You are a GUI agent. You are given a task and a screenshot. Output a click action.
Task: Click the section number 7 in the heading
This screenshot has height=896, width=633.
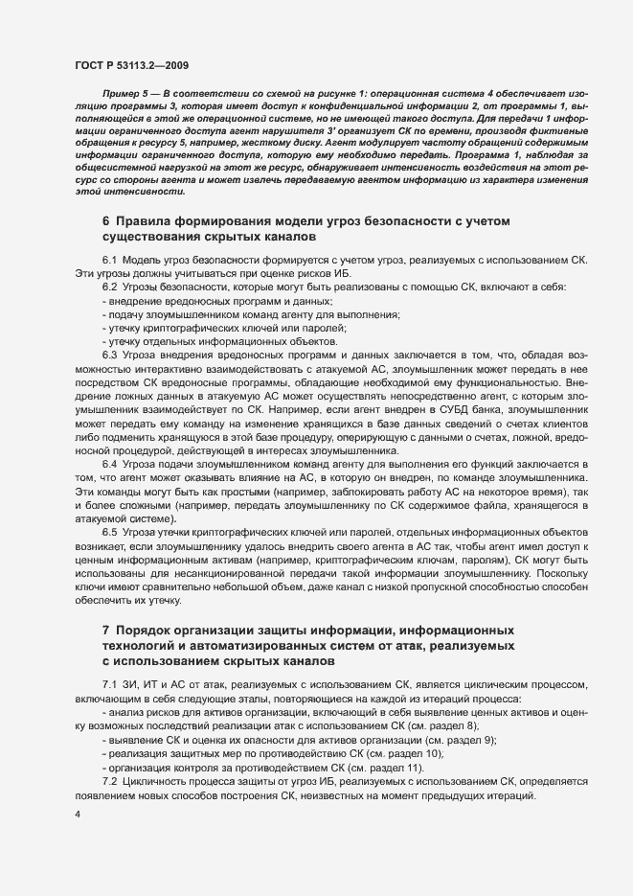105,630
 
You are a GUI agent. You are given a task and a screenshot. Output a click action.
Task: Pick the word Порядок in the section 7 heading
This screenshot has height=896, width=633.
146,630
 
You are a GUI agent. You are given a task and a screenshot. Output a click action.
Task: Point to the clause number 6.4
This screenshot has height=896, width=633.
109,464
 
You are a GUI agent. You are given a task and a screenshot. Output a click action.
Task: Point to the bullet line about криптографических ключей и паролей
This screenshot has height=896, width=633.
198,328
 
